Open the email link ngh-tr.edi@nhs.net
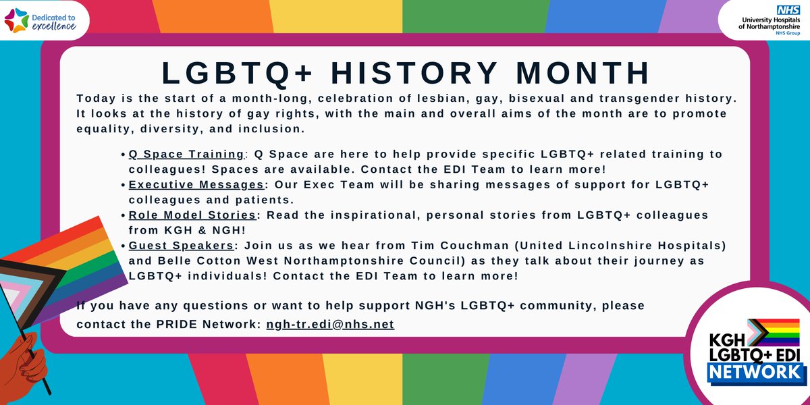click(330, 324)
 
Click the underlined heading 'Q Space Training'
click(186, 154)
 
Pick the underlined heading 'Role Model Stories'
click(192, 214)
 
